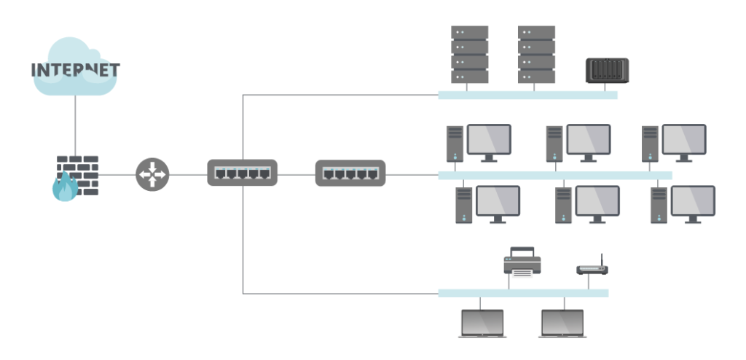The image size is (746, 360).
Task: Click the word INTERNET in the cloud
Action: click(x=75, y=71)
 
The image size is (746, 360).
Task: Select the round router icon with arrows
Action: click(x=152, y=175)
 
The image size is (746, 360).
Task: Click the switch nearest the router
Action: click(x=242, y=173)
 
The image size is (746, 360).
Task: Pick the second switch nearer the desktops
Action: click(x=350, y=173)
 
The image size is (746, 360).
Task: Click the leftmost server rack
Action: click(x=469, y=55)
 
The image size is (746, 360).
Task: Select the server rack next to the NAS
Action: click(x=536, y=55)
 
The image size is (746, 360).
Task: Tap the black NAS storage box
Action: click(x=607, y=71)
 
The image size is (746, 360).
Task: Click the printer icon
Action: click(x=522, y=262)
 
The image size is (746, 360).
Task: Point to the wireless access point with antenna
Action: click(x=592, y=267)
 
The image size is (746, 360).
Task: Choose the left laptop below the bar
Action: click(x=482, y=323)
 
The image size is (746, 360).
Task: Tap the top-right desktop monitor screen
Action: click(x=683, y=138)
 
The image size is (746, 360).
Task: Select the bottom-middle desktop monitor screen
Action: click(x=597, y=200)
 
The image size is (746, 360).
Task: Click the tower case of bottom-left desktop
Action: click(x=464, y=205)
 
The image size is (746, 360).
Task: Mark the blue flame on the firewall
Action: click(x=64, y=189)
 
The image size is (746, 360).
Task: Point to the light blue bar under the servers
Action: click(x=527, y=95)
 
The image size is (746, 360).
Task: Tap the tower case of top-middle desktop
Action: click(x=554, y=144)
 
